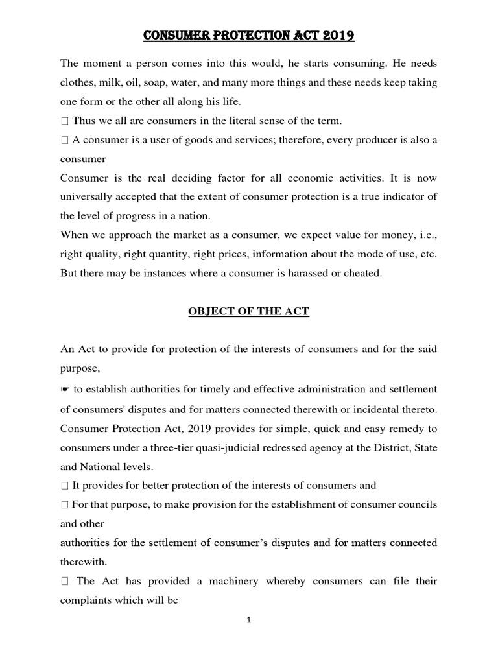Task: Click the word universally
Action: (x=87, y=196)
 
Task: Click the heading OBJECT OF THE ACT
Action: (x=248, y=312)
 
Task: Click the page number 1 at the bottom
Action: (x=249, y=621)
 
